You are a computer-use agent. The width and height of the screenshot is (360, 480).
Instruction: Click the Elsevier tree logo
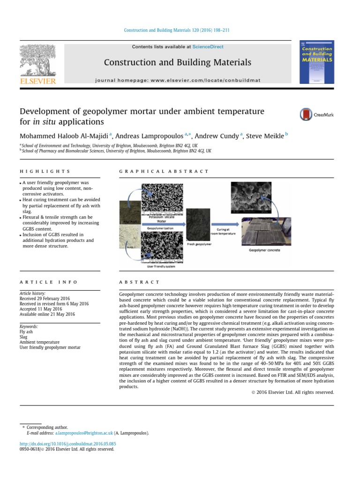[x=37, y=60]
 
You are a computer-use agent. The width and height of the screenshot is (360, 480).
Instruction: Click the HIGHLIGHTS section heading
[x=45, y=172]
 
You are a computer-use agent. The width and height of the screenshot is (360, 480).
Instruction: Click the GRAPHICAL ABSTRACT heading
[x=164, y=172]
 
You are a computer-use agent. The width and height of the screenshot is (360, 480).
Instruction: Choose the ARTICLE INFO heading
[x=49, y=282]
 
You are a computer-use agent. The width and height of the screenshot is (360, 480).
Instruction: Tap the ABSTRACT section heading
[x=139, y=282]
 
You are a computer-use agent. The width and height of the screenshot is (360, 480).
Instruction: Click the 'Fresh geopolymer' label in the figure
[x=199, y=244]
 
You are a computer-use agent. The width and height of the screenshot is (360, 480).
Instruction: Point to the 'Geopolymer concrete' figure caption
[x=264, y=250]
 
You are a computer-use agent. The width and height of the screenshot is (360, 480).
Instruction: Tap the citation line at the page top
[x=176, y=30]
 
